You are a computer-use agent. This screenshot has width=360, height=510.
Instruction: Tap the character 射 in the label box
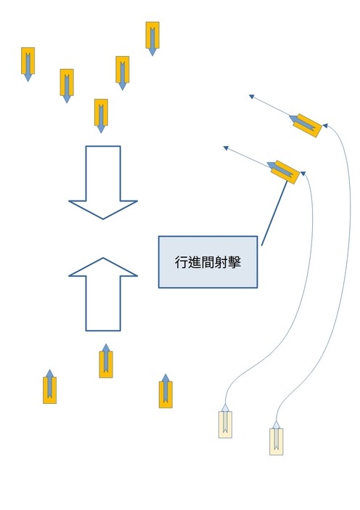[221, 262]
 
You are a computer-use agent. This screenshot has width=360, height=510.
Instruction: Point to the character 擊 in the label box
[234, 262]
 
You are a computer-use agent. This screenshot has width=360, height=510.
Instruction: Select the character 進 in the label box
[194, 262]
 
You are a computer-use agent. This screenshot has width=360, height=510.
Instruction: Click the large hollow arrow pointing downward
[103, 182]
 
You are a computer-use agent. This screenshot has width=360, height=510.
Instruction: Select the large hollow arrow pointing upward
[103, 294]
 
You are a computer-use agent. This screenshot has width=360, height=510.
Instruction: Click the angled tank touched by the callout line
[283, 171]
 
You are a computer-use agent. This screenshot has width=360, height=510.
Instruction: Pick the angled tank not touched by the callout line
[306, 125]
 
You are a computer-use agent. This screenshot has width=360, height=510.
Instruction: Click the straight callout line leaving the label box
[274, 213]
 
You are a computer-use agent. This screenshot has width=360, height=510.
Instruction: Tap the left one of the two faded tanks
[225, 421]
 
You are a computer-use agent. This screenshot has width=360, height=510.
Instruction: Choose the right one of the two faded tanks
[277, 438]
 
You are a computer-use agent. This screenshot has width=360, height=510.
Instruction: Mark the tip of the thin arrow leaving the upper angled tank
[250, 95]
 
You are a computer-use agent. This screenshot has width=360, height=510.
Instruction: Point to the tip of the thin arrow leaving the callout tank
[224, 147]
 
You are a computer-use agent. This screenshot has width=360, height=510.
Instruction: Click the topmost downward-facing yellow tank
[152, 39]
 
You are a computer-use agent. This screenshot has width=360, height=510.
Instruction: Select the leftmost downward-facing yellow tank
[28, 64]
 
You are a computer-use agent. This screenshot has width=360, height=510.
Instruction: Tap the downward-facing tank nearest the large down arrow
[101, 116]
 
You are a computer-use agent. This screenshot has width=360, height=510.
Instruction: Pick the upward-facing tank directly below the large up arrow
[106, 361]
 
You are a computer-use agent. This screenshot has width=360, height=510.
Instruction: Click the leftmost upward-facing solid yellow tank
[49, 386]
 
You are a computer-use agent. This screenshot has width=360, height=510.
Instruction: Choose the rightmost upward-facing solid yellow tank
[165, 391]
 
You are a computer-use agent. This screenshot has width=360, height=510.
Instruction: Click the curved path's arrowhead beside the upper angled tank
[324, 125]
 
